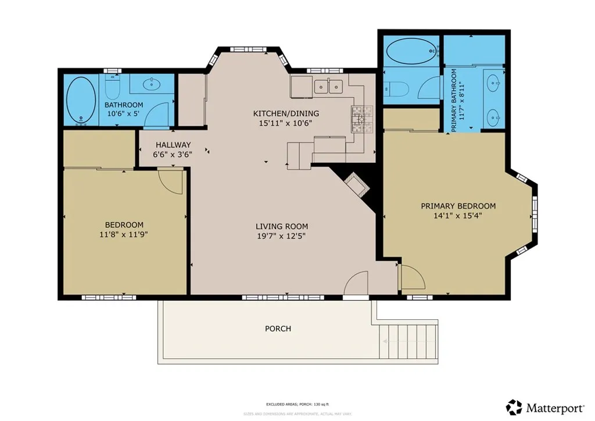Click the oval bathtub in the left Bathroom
81,101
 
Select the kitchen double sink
329,87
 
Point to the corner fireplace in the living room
356,185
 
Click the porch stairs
407,341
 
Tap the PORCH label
278,329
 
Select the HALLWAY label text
173,145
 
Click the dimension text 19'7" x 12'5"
282,236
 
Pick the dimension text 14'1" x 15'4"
458,215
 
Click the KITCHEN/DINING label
286,113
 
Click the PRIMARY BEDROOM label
458,206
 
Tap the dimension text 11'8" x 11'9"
124,234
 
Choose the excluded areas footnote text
297,403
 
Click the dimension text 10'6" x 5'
124,113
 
